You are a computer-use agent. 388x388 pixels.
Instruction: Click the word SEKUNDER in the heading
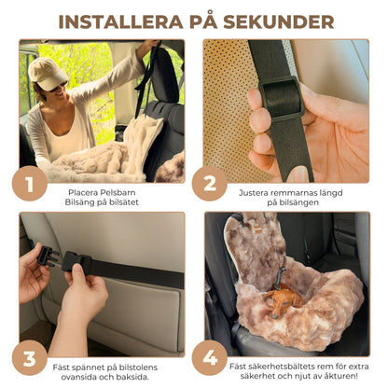(x=279, y=21)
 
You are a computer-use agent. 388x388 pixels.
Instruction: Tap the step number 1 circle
(x=30, y=184)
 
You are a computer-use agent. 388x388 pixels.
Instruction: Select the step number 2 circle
(x=210, y=184)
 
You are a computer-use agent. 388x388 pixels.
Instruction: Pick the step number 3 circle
(x=30, y=358)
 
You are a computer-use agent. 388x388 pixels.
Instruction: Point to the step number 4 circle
(x=210, y=358)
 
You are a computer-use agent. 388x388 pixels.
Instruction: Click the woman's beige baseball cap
(x=47, y=74)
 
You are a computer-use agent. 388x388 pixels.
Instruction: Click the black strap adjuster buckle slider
(x=282, y=98)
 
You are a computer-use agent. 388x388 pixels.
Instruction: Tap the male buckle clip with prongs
(x=48, y=256)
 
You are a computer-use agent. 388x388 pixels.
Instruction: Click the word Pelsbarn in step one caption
(x=121, y=193)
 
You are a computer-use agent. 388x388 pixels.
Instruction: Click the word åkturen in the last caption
(x=342, y=376)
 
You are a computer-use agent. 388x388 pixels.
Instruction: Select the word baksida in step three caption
(x=134, y=377)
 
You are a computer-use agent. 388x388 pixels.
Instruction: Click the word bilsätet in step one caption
(x=124, y=202)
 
